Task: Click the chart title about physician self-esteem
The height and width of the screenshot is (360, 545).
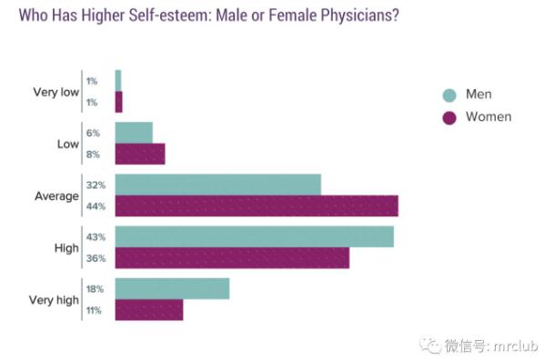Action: coord(209,15)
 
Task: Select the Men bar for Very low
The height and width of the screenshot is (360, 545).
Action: coord(118,81)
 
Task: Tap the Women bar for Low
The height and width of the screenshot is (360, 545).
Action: coord(140,154)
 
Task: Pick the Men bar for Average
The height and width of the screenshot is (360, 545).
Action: coord(218,185)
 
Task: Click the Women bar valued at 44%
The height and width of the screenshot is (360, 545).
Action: coord(257,205)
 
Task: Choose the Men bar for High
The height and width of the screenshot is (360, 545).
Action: coord(255,236)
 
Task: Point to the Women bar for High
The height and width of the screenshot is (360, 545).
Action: coord(232,258)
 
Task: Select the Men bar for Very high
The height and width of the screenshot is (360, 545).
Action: coord(172,288)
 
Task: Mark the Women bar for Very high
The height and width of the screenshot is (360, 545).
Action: coord(149,310)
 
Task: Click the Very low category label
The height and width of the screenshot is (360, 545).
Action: coord(56,93)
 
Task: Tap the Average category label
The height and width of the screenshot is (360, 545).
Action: coord(56,196)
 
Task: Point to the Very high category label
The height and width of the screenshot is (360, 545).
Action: coord(54,300)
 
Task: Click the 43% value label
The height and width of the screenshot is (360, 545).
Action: coord(96,237)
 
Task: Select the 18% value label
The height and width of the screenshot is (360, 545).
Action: coord(95,289)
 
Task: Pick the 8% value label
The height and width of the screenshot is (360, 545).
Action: coord(93,155)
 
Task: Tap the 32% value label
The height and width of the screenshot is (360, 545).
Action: coord(96,185)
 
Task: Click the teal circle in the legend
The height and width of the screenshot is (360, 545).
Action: coord(449,95)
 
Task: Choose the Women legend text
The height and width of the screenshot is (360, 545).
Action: coord(489,117)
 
